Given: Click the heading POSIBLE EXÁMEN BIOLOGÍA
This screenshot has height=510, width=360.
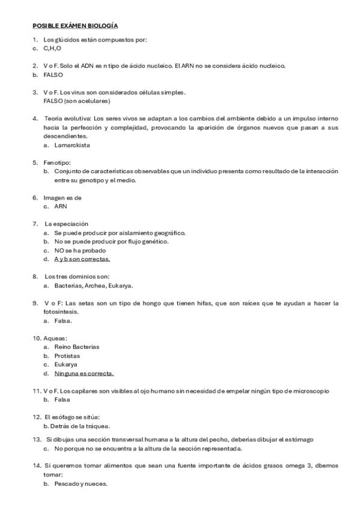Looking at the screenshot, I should pyautogui.click(x=75, y=26).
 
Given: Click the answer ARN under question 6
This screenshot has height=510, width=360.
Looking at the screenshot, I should pyautogui.click(x=61, y=206).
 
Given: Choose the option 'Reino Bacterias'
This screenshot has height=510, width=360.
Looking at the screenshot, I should pyautogui.click(x=77, y=347).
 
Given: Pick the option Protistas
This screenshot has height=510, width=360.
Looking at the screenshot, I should pyautogui.click(x=68, y=356).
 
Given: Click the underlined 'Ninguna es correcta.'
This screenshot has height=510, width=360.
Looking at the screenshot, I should pyautogui.click(x=84, y=373).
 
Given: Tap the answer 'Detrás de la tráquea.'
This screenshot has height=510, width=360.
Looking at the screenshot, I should pyautogui.click(x=82, y=426).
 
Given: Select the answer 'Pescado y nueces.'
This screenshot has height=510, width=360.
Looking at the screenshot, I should pyautogui.click(x=81, y=484).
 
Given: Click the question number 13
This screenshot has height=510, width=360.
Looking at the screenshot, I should pyautogui.click(x=37, y=440).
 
